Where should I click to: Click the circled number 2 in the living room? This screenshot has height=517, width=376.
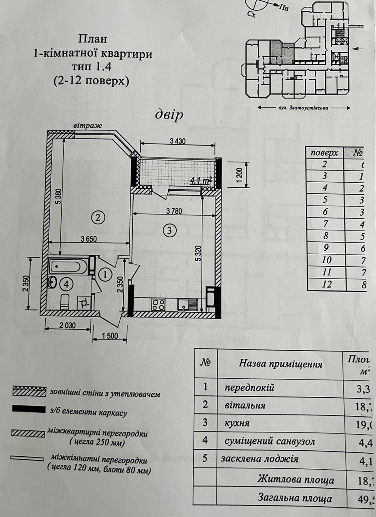pyautogui.click(x=98, y=218)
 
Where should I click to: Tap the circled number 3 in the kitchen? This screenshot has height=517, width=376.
pyautogui.click(x=170, y=231)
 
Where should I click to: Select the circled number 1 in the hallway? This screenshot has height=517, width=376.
pyautogui.click(x=104, y=273)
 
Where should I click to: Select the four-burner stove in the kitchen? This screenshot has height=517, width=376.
pyautogui.click(x=158, y=305)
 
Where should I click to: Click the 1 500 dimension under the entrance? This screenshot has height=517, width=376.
pyautogui.click(x=110, y=336)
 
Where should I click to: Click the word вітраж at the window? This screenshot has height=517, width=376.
pyautogui.click(x=88, y=126)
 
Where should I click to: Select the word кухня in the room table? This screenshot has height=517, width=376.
pyautogui.click(x=238, y=424)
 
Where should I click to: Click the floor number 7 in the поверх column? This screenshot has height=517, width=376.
pyautogui.click(x=325, y=224)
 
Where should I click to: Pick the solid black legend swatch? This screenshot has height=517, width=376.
pyautogui.click(x=29, y=409)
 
